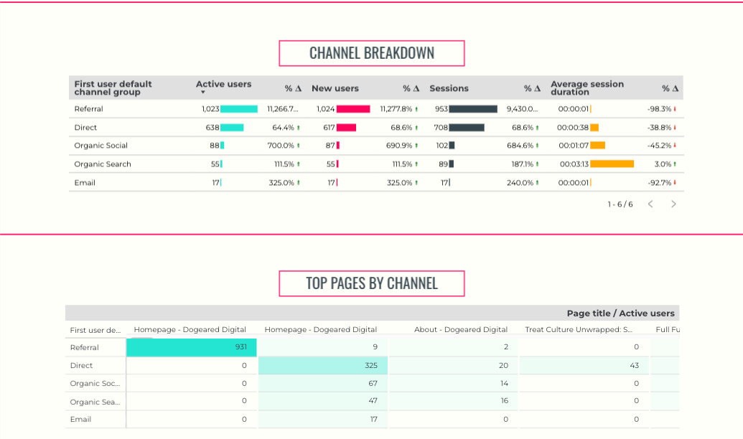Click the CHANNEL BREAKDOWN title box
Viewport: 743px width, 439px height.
371,54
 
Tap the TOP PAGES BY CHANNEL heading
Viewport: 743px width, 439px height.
371,283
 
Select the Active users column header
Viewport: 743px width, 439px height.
223,85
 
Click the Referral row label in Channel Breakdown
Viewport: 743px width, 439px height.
89,109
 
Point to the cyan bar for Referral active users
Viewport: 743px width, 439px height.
239,109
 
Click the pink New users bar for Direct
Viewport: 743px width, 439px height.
346,128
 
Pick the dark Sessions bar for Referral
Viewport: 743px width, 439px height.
473,109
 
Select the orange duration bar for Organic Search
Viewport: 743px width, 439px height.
612,164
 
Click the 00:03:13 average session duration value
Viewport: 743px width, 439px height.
574,164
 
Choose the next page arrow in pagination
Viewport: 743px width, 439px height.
673,204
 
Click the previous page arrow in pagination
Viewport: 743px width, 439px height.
650,204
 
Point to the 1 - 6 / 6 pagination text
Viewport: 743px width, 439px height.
620,204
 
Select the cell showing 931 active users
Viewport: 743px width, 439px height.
192,347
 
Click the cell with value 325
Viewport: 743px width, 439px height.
323,366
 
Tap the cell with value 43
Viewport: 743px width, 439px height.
584,366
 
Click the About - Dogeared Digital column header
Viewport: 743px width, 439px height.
461,330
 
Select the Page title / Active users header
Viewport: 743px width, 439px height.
620,313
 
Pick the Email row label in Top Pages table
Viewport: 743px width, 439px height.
80,420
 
